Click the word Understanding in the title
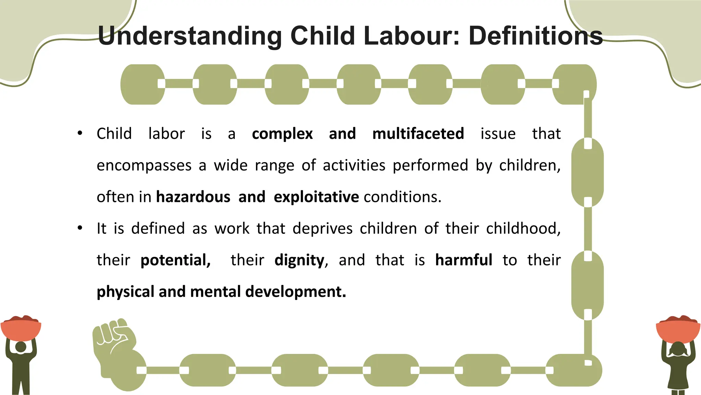pos(190,36)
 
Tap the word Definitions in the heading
pos(535,36)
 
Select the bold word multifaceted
pos(418,134)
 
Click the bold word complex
pos(282,134)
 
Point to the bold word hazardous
pos(193,197)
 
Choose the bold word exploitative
pos(316,197)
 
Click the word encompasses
pos(144,166)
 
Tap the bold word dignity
pos(299,260)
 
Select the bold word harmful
pos(463,260)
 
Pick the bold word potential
pos(175,260)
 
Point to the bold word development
pos(295,292)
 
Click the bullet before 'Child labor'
pos(80,133)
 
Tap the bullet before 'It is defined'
pos(80,228)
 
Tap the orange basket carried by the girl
pos(678,329)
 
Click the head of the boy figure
pos(21,347)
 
